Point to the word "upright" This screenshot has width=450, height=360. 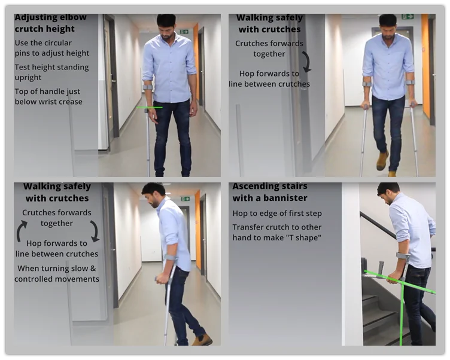tap(28, 78)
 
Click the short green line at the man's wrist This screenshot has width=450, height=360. tap(149, 108)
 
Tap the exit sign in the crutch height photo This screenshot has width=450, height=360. tap(184, 32)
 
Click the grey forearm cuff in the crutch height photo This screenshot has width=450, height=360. tap(148, 87)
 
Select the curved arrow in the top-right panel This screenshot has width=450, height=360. tap(307, 62)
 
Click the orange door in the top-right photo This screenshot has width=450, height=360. tap(425, 66)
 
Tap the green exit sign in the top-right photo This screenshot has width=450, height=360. tap(408, 17)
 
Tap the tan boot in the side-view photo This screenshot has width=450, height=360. tap(202, 340)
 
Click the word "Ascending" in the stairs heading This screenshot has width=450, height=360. tap(251, 187)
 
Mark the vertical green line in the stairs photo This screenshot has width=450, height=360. tap(402, 313)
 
